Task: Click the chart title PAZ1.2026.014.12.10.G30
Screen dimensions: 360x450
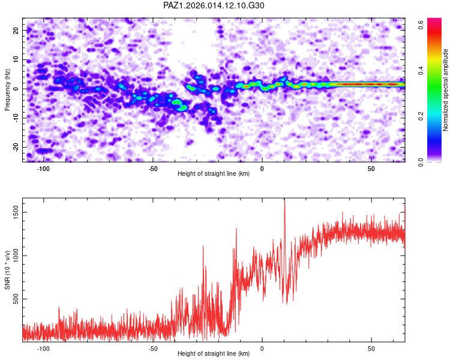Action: point(214,6)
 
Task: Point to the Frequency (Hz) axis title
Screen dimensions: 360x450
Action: point(8,89)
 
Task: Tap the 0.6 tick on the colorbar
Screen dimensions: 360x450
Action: point(421,25)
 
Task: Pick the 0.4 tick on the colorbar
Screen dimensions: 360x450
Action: point(421,70)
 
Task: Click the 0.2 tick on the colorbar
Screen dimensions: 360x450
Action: point(421,116)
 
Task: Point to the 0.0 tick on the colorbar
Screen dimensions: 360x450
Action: point(421,161)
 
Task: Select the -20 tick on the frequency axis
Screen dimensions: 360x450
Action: point(16,147)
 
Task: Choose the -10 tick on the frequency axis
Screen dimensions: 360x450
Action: point(16,118)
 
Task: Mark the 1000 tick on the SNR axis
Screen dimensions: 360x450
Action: point(14,256)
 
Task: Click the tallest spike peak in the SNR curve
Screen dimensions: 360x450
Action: point(284,200)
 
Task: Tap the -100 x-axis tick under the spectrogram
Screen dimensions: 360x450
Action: point(43,169)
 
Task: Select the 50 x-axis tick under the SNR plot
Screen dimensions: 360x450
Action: point(371,349)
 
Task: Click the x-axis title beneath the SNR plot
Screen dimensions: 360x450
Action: point(214,355)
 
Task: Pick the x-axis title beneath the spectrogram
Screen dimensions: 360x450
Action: point(214,174)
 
